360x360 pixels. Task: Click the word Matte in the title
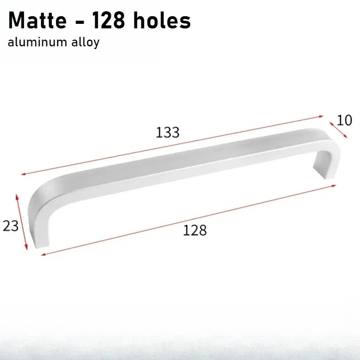coord(37,20)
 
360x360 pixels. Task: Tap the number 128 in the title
coord(108,20)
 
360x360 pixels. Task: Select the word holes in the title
coord(162,20)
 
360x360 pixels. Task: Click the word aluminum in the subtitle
coord(37,42)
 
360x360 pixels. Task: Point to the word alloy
coord(85,43)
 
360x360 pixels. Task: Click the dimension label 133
coord(167,132)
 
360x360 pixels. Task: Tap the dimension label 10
coord(344,120)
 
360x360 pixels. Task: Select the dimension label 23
coord(10,226)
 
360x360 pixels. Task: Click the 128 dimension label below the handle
coord(195,230)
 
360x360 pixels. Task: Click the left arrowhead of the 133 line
coord(23,174)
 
